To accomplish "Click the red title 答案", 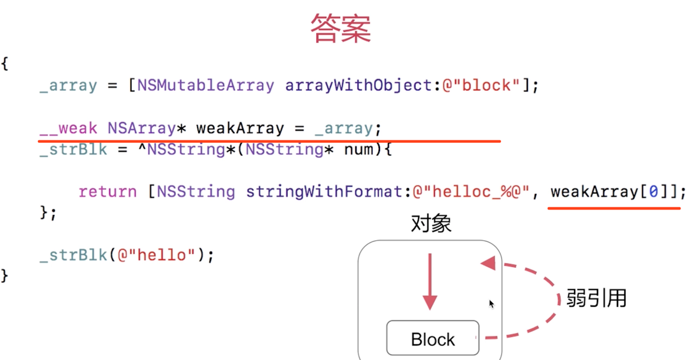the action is pyautogui.click(x=341, y=28).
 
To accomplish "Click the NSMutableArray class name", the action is pyautogui.click(x=205, y=85).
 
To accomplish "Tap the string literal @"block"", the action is pyautogui.click(x=481, y=85).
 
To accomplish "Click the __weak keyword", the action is pyautogui.click(x=68, y=128).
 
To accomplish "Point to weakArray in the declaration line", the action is pyautogui.click(x=240, y=128).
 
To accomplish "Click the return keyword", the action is pyautogui.click(x=108, y=192).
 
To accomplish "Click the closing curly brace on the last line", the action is pyautogui.click(x=5, y=276).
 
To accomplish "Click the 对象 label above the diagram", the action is pyautogui.click(x=431, y=225).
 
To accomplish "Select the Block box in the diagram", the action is pyautogui.click(x=432, y=339).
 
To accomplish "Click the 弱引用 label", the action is pyautogui.click(x=596, y=298).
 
